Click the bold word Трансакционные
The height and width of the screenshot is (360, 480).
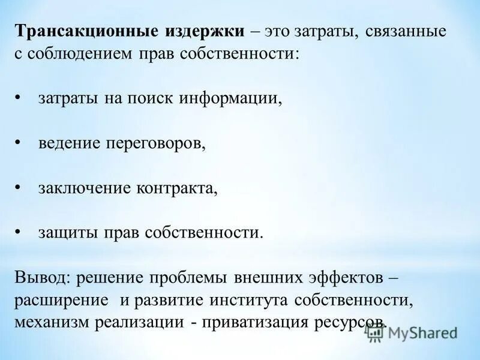[86, 32]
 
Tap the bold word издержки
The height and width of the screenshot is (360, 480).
[202, 32]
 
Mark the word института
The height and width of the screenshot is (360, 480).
[242, 299]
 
